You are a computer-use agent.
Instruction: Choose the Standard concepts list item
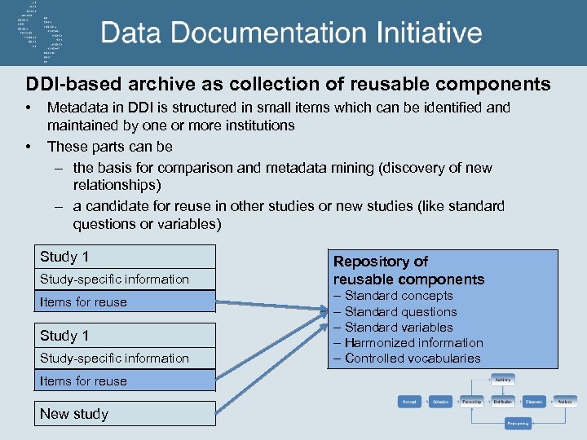(398, 296)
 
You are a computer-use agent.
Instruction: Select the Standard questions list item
(399, 311)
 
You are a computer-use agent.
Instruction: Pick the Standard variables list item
(398, 327)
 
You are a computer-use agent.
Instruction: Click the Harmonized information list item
(413, 343)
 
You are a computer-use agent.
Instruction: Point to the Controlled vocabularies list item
(412, 359)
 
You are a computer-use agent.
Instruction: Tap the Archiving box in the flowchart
(502, 380)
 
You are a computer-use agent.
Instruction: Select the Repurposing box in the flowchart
(519, 424)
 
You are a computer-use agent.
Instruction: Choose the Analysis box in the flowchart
(565, 402)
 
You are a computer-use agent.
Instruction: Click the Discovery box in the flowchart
(534, 402)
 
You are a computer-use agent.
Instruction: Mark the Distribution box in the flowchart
(502, 402)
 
